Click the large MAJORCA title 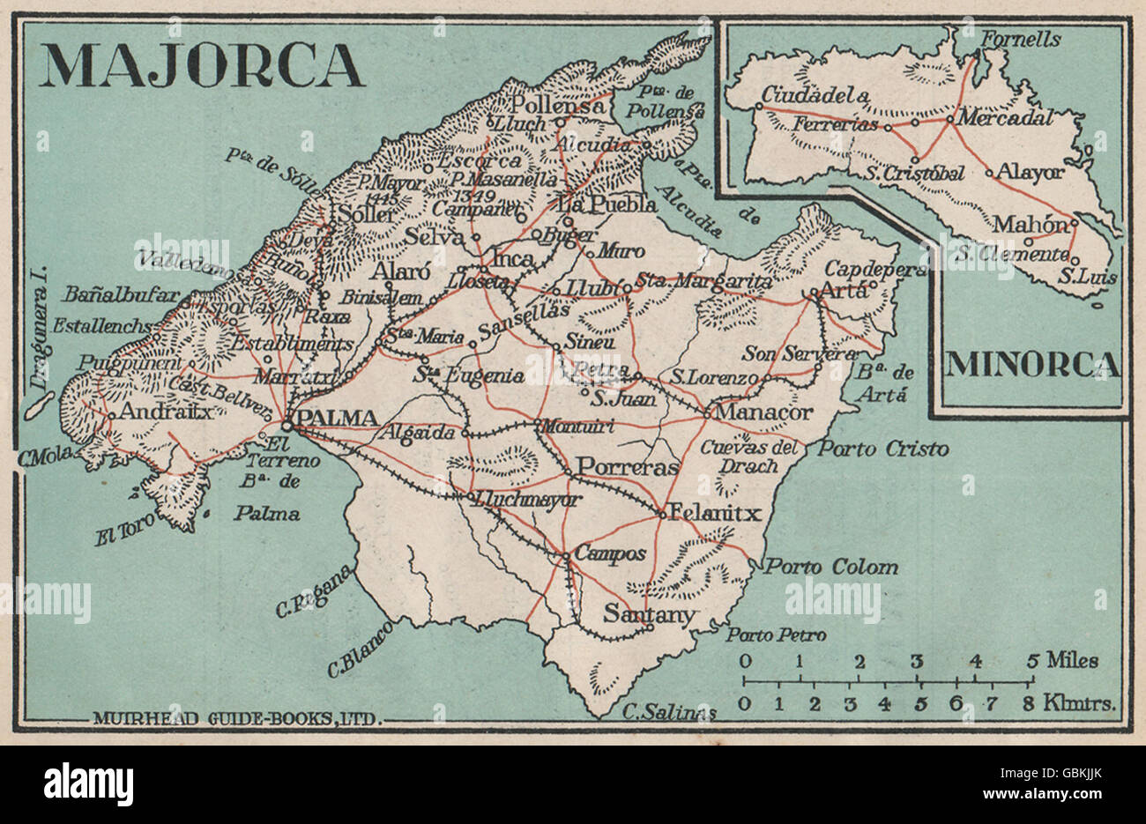pos(202,66)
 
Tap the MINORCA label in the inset pos(1033,365)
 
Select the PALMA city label pos(338,418)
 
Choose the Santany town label pos(651,614)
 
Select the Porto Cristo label pos(883,449)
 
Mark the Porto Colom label pos(831,567)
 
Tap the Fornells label pos(1022,40)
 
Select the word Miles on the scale pos(1073,660)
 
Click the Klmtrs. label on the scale pos(1081,703)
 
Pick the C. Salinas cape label pos(665,711)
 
